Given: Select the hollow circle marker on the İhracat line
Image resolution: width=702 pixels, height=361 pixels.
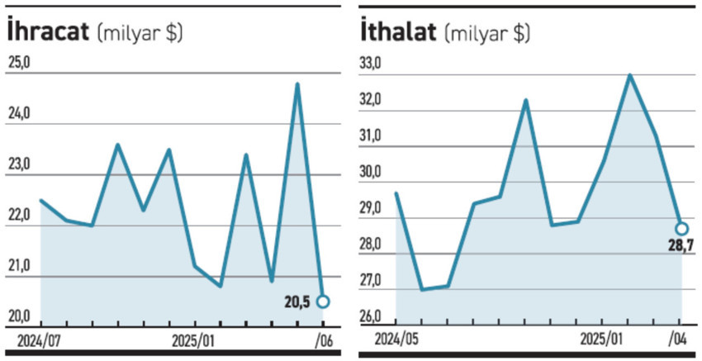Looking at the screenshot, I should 322,302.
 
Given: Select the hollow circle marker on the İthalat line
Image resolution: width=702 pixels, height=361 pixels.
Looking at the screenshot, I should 681,228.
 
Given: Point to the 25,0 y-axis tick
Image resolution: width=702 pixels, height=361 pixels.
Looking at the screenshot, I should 20,63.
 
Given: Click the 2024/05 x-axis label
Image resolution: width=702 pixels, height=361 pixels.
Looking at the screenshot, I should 396,340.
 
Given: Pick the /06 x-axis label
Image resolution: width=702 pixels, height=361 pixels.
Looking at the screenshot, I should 323,340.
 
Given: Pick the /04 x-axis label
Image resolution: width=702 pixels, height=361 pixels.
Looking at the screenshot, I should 680,340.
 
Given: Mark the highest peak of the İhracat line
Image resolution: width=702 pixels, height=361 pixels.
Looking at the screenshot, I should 297,84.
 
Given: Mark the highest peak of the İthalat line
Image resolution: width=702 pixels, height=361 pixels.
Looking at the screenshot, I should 629,75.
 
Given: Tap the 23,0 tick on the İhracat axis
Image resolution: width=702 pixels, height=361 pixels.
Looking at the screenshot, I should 20,164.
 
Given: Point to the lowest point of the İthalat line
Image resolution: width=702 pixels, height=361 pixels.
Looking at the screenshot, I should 422,289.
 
